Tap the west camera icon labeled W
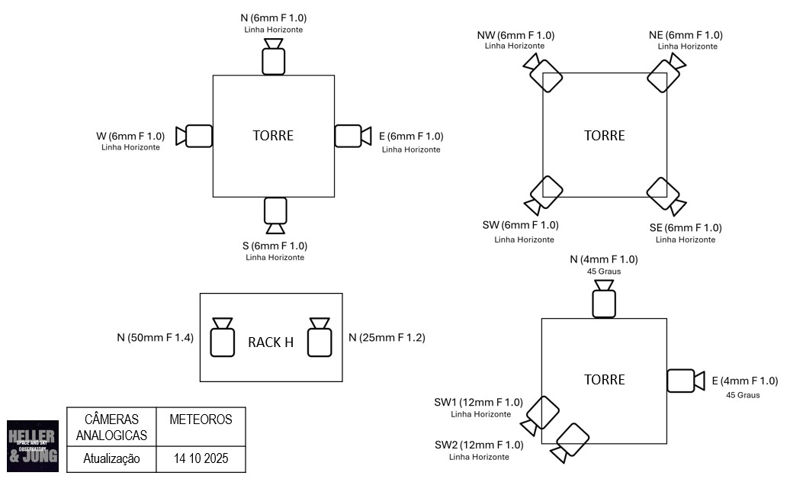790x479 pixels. [x=195, y=136]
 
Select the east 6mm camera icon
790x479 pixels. [x=351, y=136]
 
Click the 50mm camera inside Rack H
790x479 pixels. [x=223, y=339]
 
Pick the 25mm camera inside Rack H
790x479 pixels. [x=320, y=339]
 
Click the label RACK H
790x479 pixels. [x=271, y=342]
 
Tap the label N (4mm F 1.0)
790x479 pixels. [x=604, y=259]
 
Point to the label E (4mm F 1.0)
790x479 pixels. [x=744, y=381]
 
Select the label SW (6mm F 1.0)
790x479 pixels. [x=521, y=225]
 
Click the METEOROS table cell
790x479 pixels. [x=201, y=420]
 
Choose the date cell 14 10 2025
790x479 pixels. [x=201, y=459]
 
